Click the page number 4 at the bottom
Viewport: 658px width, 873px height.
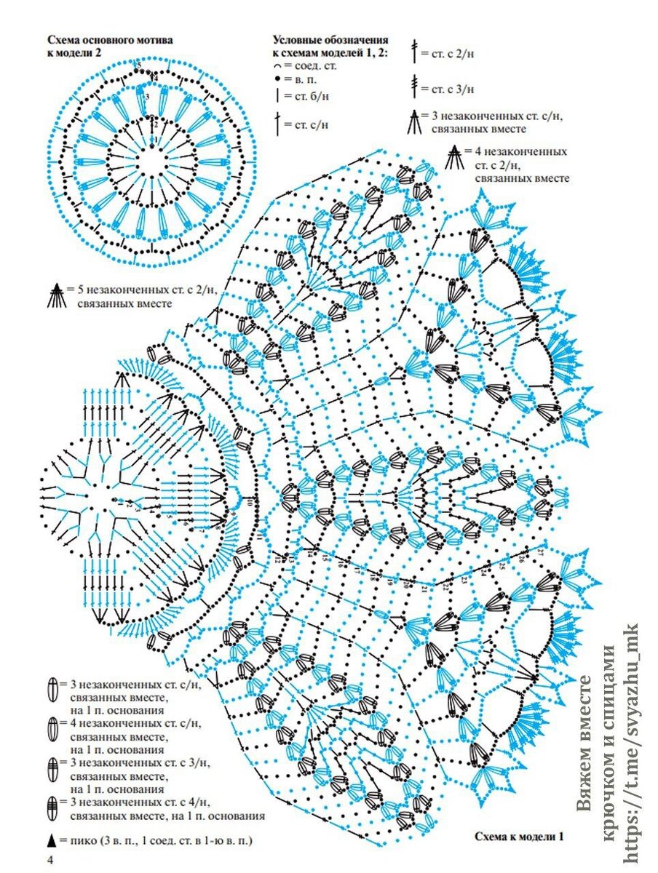point(50,861)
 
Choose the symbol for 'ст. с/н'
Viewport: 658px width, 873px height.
point(277,123)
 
